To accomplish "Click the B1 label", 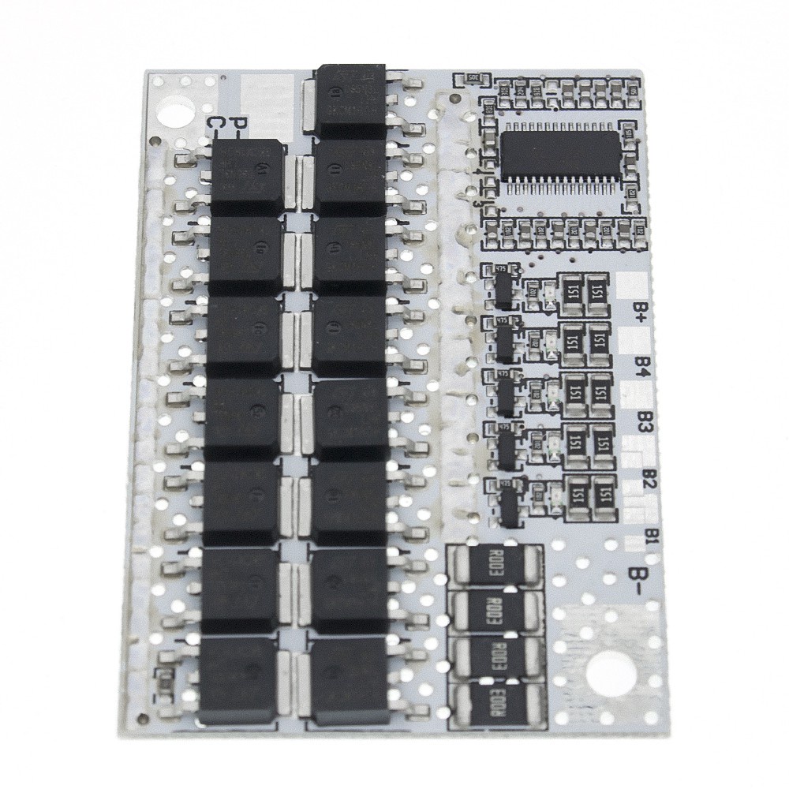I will pyautogui.click(x=652, y=534).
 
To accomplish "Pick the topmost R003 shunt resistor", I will pyautogui.click(x=494, y=565).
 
